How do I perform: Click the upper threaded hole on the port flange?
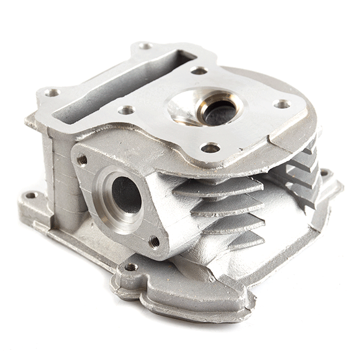click(82, 160)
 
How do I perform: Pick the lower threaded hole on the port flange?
click(154, 241)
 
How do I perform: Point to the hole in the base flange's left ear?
click(31, 196)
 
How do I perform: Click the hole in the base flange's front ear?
click(131, 267)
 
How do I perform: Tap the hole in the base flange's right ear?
click(325, 173)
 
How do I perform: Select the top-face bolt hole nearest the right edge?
click(282, 104)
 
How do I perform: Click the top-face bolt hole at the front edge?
click(210, 148)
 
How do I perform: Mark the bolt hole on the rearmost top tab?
click(145, 46)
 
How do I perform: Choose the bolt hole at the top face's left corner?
click(52, 92)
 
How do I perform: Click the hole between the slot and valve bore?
click(126, 110)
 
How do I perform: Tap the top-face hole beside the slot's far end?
click(199, 71)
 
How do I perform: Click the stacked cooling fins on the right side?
click(300, 171)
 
